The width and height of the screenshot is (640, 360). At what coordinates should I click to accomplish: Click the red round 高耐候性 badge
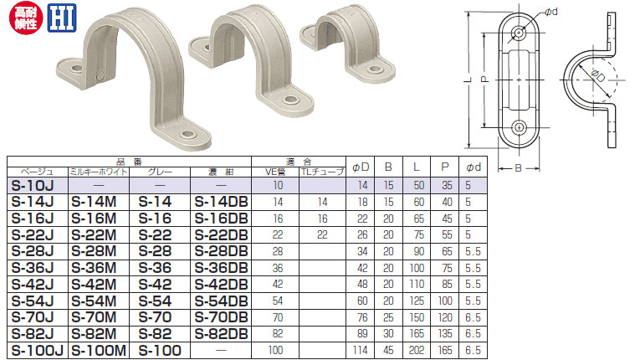point(26,18)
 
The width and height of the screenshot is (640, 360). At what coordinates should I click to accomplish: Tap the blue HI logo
point(62,18)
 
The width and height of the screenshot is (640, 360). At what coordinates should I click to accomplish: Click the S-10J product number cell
point(33,186)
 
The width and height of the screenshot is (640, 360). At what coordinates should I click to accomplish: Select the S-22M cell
point(94,235)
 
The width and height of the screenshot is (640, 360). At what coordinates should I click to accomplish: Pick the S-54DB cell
point(221,301)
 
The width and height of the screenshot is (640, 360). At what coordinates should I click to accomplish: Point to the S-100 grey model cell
point(160,350)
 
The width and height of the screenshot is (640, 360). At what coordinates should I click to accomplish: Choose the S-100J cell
point(37,350)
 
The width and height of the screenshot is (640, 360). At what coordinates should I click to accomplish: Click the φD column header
point(361,167)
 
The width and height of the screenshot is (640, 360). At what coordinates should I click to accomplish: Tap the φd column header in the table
point(474,167)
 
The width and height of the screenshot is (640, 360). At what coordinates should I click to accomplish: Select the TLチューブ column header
point(322,172)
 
